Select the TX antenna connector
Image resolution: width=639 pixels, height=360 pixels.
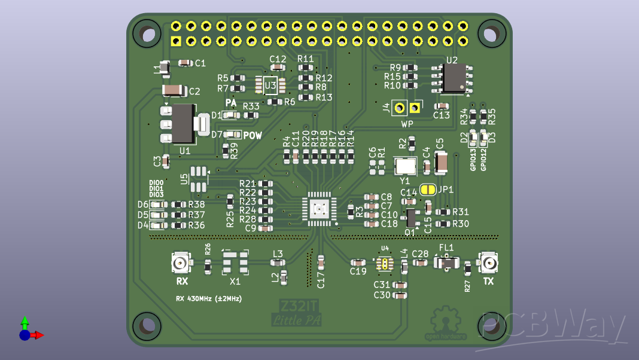point(489,263)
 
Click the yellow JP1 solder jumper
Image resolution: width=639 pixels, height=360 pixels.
point(428,190)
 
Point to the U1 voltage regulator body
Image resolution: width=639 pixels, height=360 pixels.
point(183,123)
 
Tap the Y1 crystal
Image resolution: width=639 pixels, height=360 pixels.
point(405,166)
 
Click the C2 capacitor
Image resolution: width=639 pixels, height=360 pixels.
point(174,90)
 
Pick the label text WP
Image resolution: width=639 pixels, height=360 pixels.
point(407,124)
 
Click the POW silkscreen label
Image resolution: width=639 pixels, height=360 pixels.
point(252,136)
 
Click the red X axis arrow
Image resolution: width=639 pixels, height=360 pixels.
point(38,335)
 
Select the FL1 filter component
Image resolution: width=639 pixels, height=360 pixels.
point(446,263)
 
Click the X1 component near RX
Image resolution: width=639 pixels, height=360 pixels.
point(235,262)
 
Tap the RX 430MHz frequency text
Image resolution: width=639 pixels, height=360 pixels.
point(208,298)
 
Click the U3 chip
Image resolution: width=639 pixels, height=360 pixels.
point(270,86)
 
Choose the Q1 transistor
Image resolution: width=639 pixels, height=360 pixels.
point(411,216)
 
